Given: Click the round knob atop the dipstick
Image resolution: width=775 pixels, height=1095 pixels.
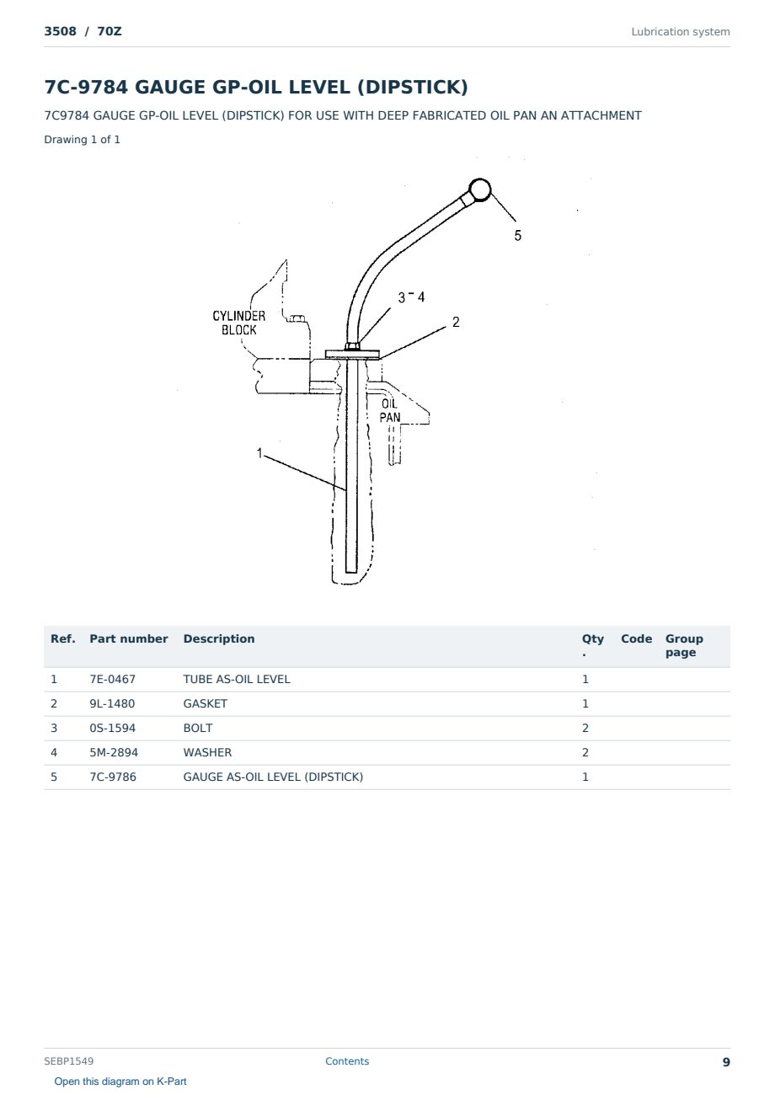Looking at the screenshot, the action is click(479, 190).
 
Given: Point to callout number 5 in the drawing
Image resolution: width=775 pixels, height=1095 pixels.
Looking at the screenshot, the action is click(517, 236).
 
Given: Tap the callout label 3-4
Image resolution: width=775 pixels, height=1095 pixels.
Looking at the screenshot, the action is click(411, 297).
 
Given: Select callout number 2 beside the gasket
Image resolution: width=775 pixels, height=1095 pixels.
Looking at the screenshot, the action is click(456, 322).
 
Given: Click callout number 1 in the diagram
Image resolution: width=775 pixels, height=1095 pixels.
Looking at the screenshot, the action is click(259, 453).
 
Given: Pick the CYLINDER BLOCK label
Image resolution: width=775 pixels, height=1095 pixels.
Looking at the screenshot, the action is click(238, 323).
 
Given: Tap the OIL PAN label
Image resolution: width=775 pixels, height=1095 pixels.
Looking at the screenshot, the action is click(390, 411).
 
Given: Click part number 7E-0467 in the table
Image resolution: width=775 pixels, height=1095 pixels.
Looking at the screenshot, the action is click(113, 679).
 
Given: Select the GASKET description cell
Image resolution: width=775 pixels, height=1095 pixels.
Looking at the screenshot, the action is click(206, 703).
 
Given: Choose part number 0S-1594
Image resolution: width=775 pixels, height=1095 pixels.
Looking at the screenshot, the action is click(113, 728).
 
